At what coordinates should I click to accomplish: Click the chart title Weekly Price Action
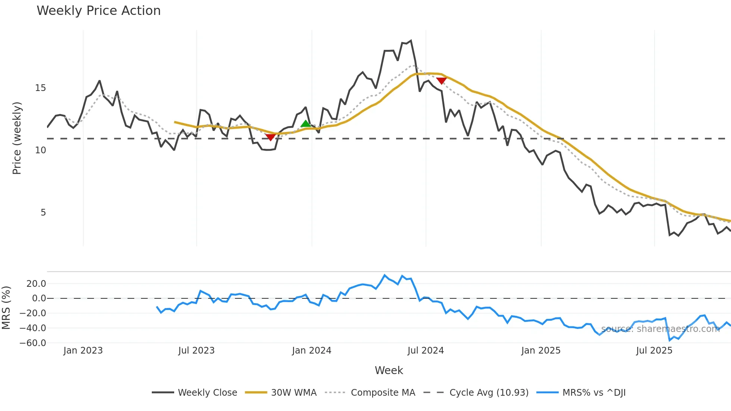tap(98, 11)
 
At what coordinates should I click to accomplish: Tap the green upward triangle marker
tap(305, 124)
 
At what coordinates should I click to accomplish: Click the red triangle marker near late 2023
tap(270, 137)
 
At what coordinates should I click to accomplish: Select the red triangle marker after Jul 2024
tap(441, 81)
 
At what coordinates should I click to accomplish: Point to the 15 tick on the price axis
tap(40, 88)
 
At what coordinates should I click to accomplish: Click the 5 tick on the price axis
tap(43, 213)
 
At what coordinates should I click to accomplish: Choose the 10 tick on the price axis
tap(40, 150)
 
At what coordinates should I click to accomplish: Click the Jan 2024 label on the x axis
tap(311, 351)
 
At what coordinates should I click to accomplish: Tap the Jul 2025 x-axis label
tap(654, 351)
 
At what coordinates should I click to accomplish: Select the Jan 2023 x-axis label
tap(83, 351)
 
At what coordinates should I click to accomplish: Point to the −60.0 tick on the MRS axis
tap(33, 343)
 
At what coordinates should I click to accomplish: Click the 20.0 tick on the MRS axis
tap(36, 284)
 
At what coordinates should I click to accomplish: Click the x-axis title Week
tap(389, 370)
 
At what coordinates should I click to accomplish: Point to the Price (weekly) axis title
tap(17, 138)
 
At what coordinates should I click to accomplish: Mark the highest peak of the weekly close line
tap(411, 41)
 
